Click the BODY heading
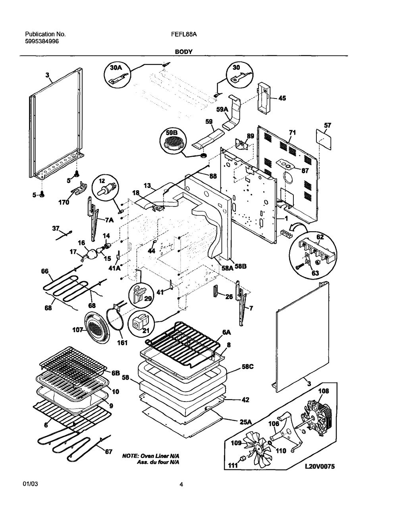(184, 52)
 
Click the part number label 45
(281, 98)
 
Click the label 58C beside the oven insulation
(248, 367)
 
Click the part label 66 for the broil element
(44, 271)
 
